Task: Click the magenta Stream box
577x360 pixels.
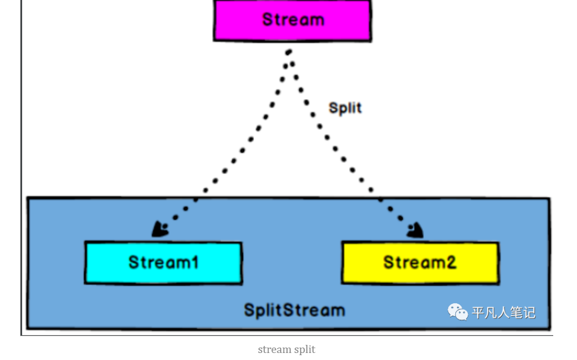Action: click(292, 21)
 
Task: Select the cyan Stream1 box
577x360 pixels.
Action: click(163, 263)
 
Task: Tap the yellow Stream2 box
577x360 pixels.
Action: click(420, 263)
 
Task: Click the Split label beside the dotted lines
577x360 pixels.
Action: click(345, 108)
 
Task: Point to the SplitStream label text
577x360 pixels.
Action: click(294, 310)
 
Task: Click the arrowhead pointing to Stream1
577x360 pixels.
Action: click(160, 229)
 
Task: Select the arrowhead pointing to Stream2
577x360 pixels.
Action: click(415, 230)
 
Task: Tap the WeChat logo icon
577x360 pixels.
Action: click(457, 312)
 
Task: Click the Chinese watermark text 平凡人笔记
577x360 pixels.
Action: click(503, 312)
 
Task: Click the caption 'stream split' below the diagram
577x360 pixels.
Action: click(287, 349)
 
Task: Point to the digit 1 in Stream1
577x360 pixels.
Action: click(195, 262)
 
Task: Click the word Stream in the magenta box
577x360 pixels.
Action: click(293, 19)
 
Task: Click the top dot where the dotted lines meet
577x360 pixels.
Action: click(289, 52)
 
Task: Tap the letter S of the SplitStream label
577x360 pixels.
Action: click(249, 310)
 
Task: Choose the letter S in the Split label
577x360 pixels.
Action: click(333, 108)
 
